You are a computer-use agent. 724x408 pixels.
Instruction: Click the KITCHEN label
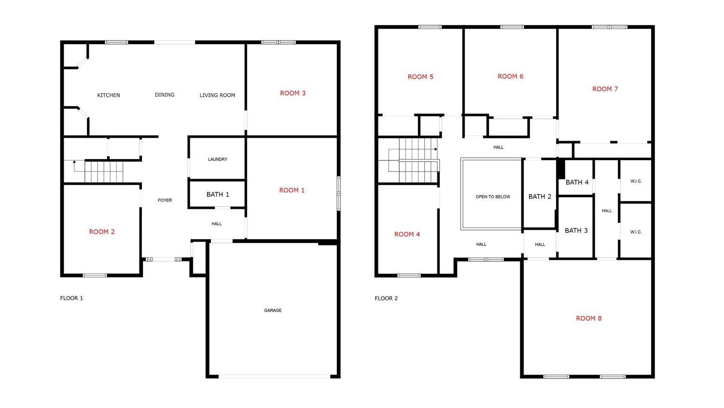(109, 95)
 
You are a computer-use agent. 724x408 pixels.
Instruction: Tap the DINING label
(165, 95)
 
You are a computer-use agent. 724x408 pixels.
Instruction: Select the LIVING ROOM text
(217, 95)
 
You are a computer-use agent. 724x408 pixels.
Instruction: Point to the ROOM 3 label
(292, 93)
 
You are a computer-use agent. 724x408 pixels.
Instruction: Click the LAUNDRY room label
(218, 160)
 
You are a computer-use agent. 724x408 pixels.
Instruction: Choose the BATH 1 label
(218, 194)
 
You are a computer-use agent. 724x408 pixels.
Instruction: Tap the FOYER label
(165, 200)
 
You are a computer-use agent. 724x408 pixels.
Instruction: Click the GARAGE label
(273, 310)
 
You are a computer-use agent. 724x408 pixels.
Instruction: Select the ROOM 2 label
(102, 232)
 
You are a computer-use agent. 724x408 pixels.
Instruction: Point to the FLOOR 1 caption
(71, 298)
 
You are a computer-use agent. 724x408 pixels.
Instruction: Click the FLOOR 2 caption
(386, 298)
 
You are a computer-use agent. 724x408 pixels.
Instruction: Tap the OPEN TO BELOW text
(493, 197)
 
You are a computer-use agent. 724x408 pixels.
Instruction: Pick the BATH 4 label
(577, 182)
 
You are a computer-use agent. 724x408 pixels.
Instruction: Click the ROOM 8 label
(589, 318)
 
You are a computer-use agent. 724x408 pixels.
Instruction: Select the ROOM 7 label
(605, 89)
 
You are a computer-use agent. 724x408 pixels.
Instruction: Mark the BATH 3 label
(576, 231)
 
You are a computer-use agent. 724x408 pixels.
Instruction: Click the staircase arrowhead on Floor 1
(74, 161)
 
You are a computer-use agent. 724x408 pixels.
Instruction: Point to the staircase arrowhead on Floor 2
(436, 149)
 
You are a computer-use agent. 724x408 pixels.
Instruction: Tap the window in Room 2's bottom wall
(95, 276)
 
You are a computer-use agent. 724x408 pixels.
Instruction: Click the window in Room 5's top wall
(430, 27)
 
